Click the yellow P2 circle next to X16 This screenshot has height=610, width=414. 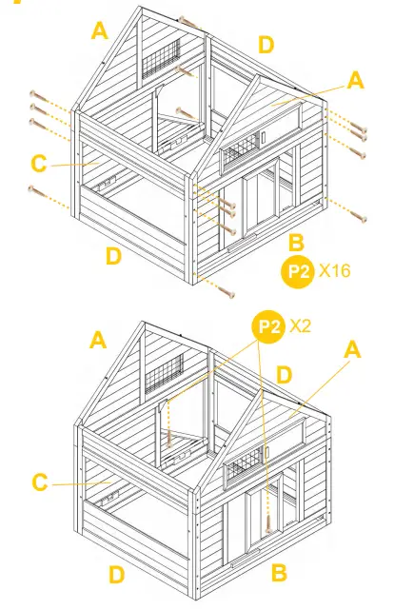pos(299,271)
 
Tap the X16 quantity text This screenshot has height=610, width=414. pos(335,271)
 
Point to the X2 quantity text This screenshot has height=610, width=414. pos(301,326)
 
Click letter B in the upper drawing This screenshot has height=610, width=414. pos(295,243)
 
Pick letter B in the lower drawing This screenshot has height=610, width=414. pos(280,573)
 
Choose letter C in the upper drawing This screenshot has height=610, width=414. pos(38,165)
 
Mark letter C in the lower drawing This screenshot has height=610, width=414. pos(39,482)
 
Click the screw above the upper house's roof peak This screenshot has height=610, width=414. pos(187,20)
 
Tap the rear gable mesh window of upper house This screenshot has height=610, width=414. pos(160,59)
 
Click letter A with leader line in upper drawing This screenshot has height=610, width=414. pos(355,81)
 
